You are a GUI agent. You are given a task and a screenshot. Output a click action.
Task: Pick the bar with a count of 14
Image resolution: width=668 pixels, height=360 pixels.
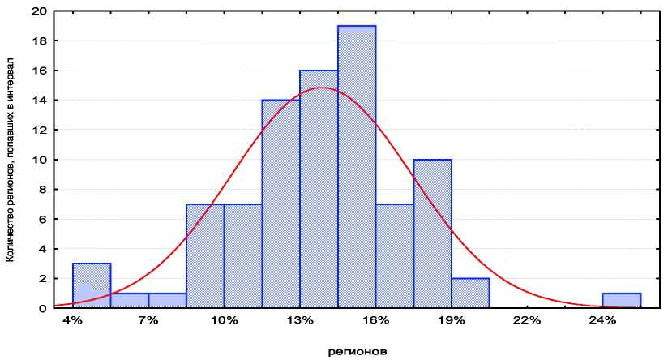tap(280, 204)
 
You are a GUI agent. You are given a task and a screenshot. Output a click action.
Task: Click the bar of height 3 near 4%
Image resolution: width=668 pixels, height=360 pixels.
tap(92, 285)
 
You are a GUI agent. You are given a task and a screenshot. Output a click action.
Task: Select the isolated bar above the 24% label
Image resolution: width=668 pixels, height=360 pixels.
tap(621, 300)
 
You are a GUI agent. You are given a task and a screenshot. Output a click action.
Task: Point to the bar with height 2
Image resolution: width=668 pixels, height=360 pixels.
tap(470, 293)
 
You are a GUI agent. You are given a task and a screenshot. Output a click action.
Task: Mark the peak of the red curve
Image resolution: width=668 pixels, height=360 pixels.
tap(322, 88)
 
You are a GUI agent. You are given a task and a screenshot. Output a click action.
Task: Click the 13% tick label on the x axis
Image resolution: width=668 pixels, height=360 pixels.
tap(300, 320)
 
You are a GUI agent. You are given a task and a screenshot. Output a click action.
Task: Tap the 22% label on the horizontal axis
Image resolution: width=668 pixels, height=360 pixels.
tap(527, 320)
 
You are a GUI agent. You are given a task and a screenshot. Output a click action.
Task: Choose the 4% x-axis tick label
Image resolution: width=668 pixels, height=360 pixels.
tap(73, 320)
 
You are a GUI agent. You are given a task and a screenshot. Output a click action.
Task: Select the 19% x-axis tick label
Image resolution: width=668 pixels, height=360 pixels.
tap(452, 320)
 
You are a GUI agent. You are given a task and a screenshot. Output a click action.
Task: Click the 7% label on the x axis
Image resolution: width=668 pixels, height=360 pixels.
tap(148, 320)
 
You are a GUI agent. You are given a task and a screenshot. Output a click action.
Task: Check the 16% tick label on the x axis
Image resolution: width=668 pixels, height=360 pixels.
tap(375, 320)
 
